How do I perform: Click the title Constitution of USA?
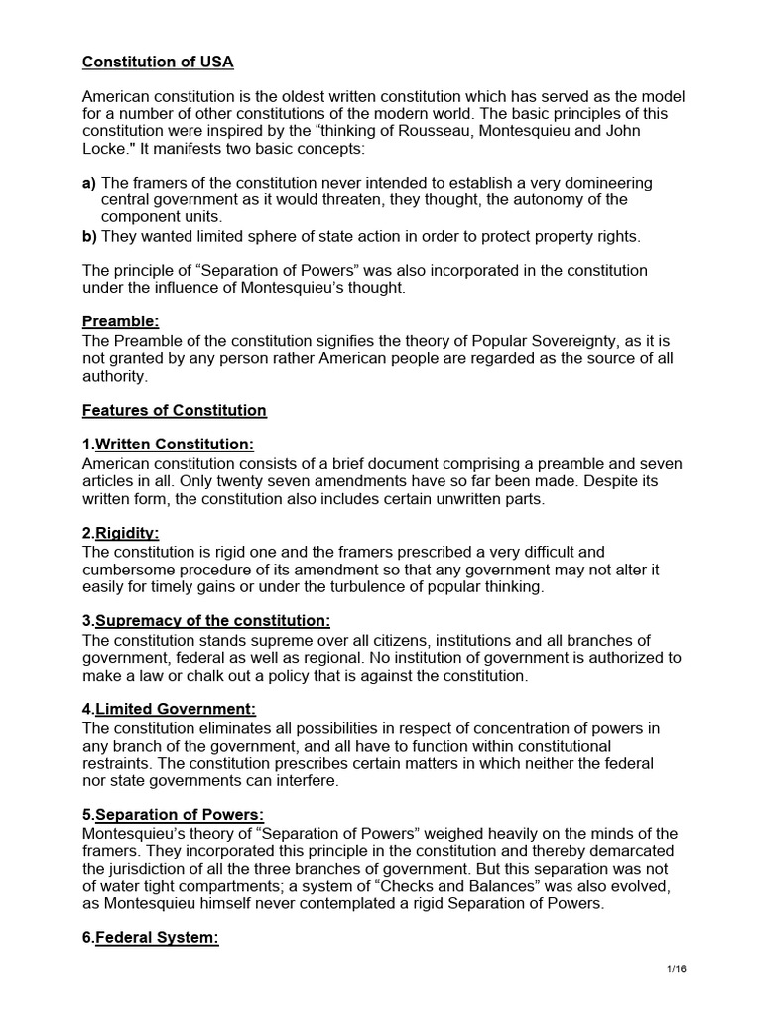(x=158, y=62)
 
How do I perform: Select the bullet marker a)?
(x=90, y=183)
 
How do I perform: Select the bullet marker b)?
(x=90, y=235)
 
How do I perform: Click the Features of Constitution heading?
(x=175, y=410)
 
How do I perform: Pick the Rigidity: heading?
(x=126, y=533)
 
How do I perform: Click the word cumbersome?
(x=130, y=569)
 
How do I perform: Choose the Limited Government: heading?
(x=175, y=708)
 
